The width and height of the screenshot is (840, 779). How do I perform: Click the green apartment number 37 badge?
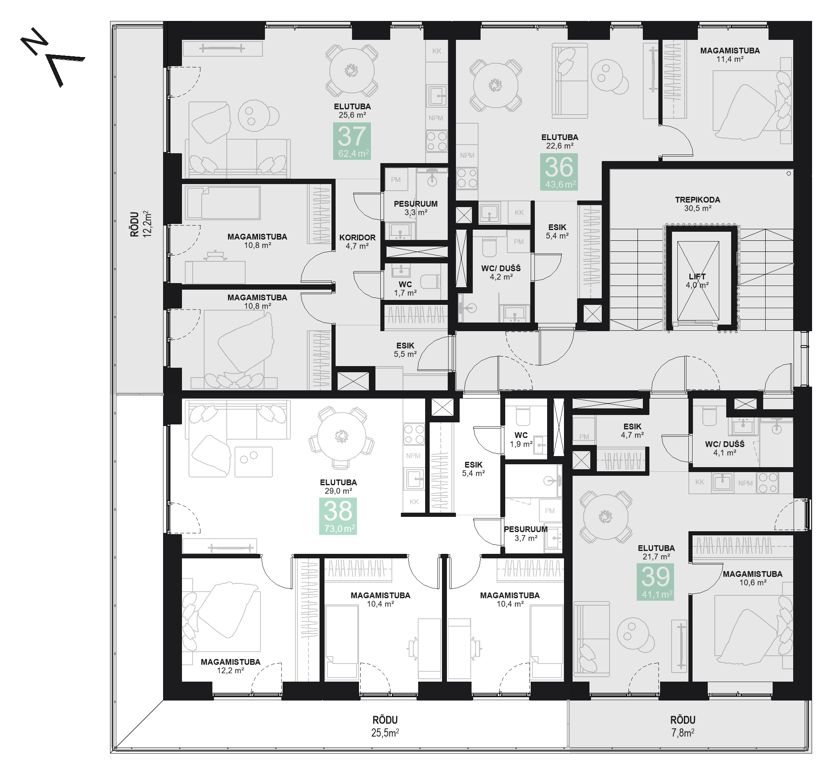(352, 141)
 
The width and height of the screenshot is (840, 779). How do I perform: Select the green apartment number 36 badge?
(559, 172)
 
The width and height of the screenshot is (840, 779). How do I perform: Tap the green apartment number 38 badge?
(338, 516)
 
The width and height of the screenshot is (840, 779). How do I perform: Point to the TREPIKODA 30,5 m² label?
(697, 204)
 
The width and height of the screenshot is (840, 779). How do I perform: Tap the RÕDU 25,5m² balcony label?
(385, 726)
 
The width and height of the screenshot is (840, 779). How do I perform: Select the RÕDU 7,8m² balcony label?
(682, 726)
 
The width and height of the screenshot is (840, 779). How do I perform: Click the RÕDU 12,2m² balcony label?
(140, 224)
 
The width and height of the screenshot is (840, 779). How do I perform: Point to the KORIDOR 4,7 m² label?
(357, 242)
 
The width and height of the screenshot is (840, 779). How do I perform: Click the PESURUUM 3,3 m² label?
(416, 208)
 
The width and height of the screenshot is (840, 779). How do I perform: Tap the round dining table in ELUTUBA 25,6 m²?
(352, 70)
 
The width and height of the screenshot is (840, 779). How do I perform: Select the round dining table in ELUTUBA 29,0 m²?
(341, 437)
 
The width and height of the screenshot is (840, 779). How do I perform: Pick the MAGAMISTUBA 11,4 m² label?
(730, 55)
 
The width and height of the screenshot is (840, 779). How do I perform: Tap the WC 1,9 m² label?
(521, 439)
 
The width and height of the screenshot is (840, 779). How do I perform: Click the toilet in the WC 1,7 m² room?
(430, 281)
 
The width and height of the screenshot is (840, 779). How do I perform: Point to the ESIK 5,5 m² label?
(405, 350)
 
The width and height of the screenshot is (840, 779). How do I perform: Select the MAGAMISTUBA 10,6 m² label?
(753, 578)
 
